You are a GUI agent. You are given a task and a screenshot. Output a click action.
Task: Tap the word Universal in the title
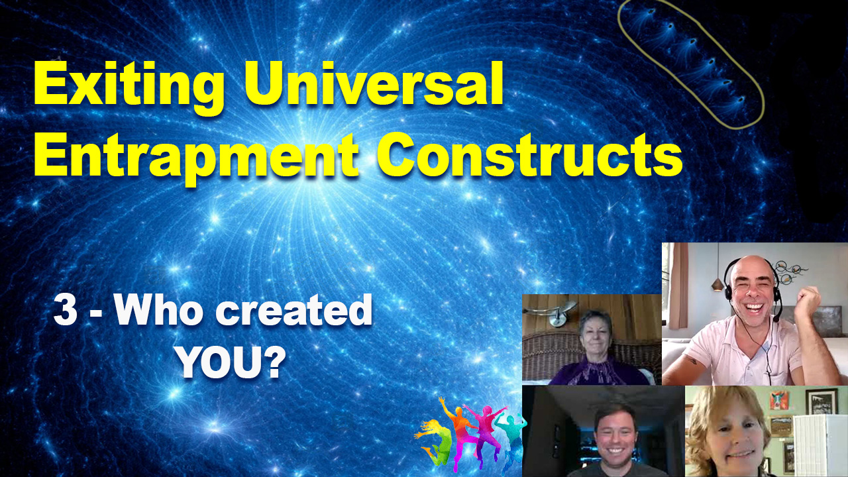tap(374, 83)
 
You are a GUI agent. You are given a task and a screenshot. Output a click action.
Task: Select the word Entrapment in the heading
tap(196, 157)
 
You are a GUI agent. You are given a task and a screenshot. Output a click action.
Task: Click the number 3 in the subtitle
tap(66, 311)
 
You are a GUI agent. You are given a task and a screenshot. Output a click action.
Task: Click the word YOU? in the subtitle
tap(231, 362)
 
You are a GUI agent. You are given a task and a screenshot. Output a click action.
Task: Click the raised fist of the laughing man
tap(807, 301)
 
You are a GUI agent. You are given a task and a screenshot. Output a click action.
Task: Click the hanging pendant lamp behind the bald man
tap(717, 283)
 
